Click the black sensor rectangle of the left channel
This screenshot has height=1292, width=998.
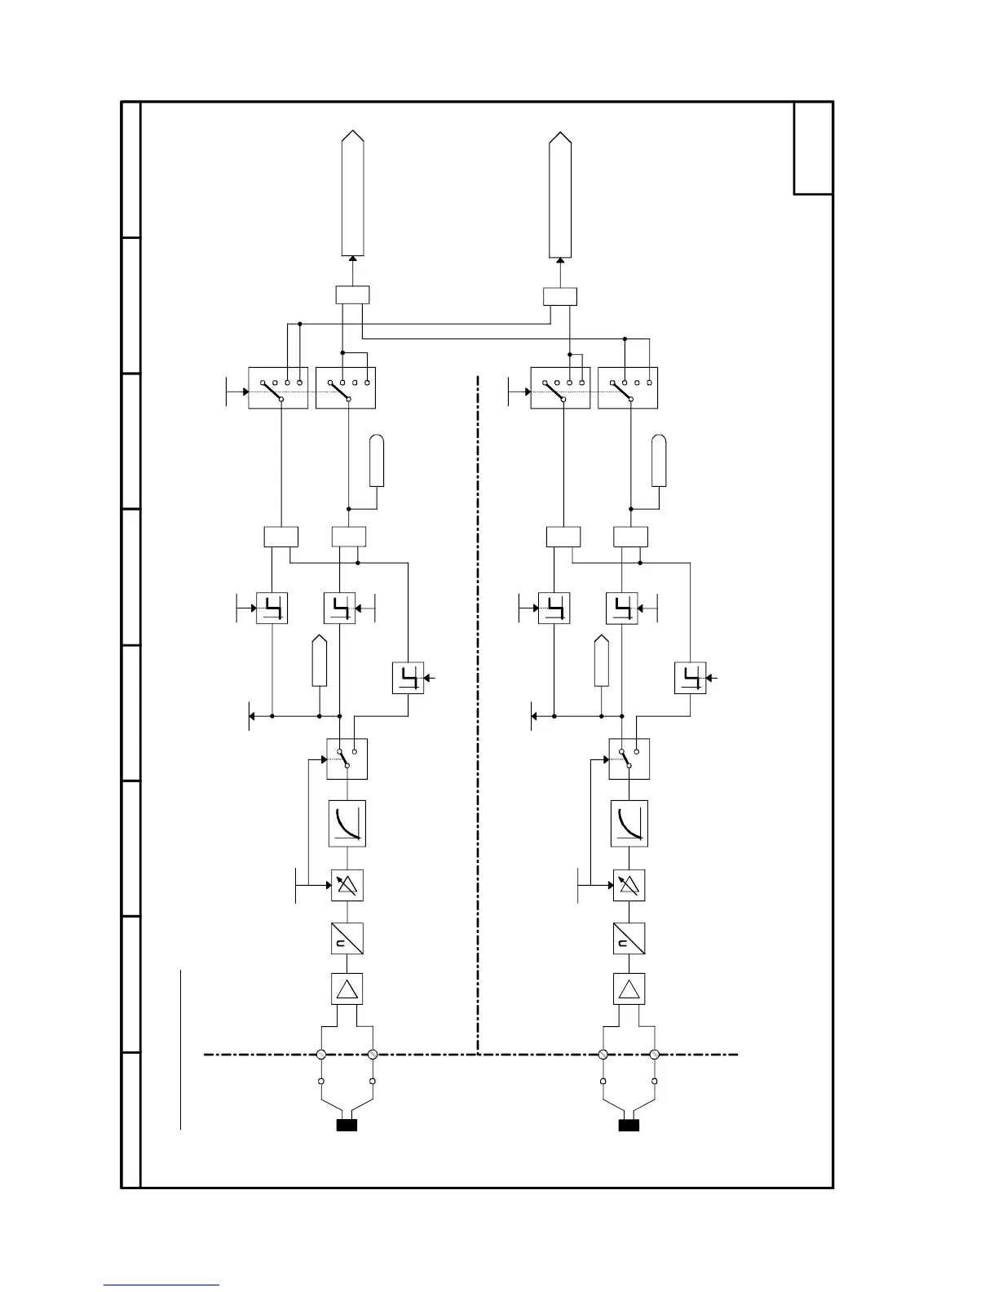[347, 1126]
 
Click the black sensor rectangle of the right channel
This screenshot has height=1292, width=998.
[629, 1126]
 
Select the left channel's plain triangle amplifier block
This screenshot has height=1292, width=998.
[347, 989]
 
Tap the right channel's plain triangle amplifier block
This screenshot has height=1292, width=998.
[629, 989]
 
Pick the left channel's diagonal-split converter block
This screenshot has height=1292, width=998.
[347, 939]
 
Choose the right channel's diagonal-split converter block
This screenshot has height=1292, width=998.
[629, 939]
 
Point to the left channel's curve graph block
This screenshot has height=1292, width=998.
[347, 823]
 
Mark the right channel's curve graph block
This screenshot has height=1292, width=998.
[629, 823]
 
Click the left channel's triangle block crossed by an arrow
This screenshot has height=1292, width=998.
[347, 885]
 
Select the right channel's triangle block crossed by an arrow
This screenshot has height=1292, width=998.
[629, 885]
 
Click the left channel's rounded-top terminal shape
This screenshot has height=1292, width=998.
[376, 462]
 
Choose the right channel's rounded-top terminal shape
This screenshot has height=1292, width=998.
[658, 462]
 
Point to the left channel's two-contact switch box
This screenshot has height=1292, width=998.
[347, 759]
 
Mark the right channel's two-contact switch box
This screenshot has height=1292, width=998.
[629, 759]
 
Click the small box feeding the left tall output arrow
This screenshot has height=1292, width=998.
[352, 294]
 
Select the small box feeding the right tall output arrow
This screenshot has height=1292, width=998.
[559, 296]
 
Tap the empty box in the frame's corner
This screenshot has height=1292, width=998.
[813, 148]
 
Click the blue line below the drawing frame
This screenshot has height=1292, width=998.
[161, 1285]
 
